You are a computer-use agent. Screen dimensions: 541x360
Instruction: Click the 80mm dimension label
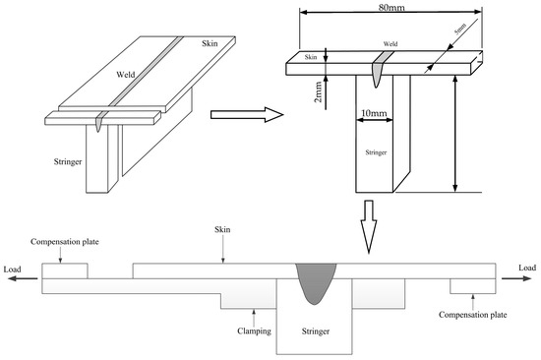pyautogui.click(x=391, y=7)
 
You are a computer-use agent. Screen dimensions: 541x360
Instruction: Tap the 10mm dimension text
pyautogui.click(x=374, y=113)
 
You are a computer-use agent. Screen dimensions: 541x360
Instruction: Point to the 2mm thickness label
pyautogui.click(x=318, y=91)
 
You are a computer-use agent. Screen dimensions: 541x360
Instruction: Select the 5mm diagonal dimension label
pyautogui.click(x=460, y=29)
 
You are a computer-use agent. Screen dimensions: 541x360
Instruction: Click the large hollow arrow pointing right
pyautogui.click(x=247, y=114)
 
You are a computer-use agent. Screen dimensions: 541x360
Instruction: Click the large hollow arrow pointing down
pyautogui.click(x=369, y=227)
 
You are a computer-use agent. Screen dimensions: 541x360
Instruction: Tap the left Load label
pyautogui.click(x=13, y=270)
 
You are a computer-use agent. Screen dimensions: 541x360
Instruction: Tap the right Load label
pyautogui.click(x=527, y=268)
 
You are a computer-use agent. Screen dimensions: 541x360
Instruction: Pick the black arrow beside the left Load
pyautogui.click(x=23, y=278)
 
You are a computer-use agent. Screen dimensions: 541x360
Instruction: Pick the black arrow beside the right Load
pyautogui.click(x=516, y=278)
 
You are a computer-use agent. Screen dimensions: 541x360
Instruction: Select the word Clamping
pyautogui.click(x=255, y=331)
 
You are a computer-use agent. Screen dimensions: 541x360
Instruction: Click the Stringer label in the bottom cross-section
pyautogui.click(x=316, y=331)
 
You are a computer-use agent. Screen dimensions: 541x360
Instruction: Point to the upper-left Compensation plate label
pyautogui.click(x=65, y=242)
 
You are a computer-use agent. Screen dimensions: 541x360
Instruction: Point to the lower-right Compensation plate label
pyautogui.click(x=473, y=315)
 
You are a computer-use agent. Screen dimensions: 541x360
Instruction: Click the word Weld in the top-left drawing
pyautogui.click(x=126, y=75)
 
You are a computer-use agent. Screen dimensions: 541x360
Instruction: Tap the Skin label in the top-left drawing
pyautogui.click(x=210, y=43)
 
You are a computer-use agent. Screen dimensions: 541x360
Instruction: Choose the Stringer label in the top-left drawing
pyautogui.click(x=68, y=161)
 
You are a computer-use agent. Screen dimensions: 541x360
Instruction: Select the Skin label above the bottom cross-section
pyautogui.click(x=222, y=229)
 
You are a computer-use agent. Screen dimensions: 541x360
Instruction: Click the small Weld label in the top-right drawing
pyautogui.click(x=391, y=44)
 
